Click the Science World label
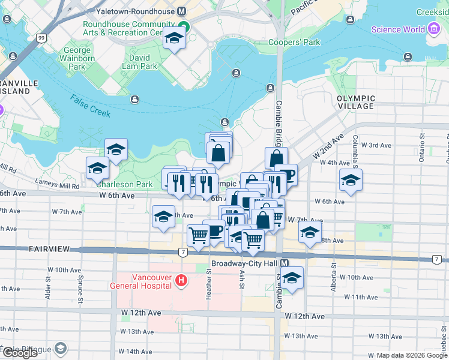397,29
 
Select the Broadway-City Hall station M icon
285,263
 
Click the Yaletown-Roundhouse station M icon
181,11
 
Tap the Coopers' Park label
294,43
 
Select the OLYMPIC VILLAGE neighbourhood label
355,102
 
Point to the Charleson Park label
125,185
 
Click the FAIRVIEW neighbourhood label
50,248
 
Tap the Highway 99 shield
41,38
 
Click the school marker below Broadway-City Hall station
292,278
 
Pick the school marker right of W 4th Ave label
351,179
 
